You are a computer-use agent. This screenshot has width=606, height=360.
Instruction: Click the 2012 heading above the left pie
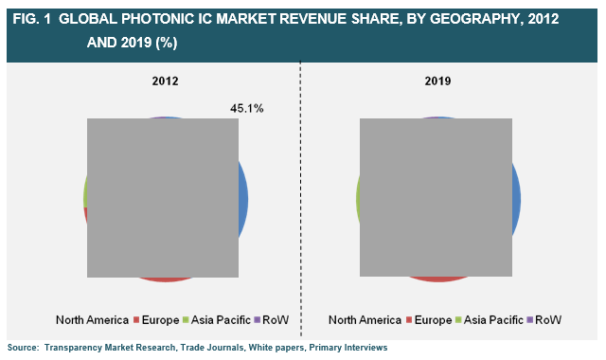click(x=166, y=82)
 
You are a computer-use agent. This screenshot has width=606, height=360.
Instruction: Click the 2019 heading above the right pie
click(x=437, y=82)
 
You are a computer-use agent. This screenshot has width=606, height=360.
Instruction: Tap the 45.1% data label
click(x=247, y=109)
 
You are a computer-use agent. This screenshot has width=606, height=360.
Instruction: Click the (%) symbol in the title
click(x=165, y=43)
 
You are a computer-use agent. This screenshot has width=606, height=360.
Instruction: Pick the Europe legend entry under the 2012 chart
click(x=167, y=319)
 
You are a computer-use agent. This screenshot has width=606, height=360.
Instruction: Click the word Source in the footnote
click(x=23, y=348)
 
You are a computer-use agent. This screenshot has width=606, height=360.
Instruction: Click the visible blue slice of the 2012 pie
click(x=243, y=199)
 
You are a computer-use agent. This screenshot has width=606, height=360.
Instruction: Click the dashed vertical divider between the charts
click(x=300, y=189)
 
